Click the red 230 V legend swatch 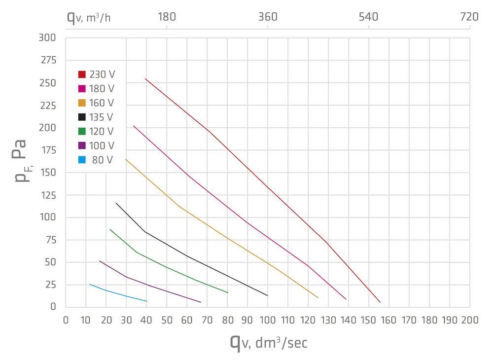(82, 74)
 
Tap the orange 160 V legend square (82, 103)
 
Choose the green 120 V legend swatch (82, 131)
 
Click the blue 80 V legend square (82, 160)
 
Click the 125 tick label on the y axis (48, 195)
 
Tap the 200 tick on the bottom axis (469, 320)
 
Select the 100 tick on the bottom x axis (268, 320)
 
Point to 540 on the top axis (368, 17)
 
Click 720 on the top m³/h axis (469, 17)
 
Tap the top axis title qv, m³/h (89, 17)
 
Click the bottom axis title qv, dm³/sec (268, 342)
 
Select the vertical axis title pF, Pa (20, 160)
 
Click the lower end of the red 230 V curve (380, 302)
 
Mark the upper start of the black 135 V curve (116, 203)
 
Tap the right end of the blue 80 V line (147, 301)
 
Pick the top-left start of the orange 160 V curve (126, 159)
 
